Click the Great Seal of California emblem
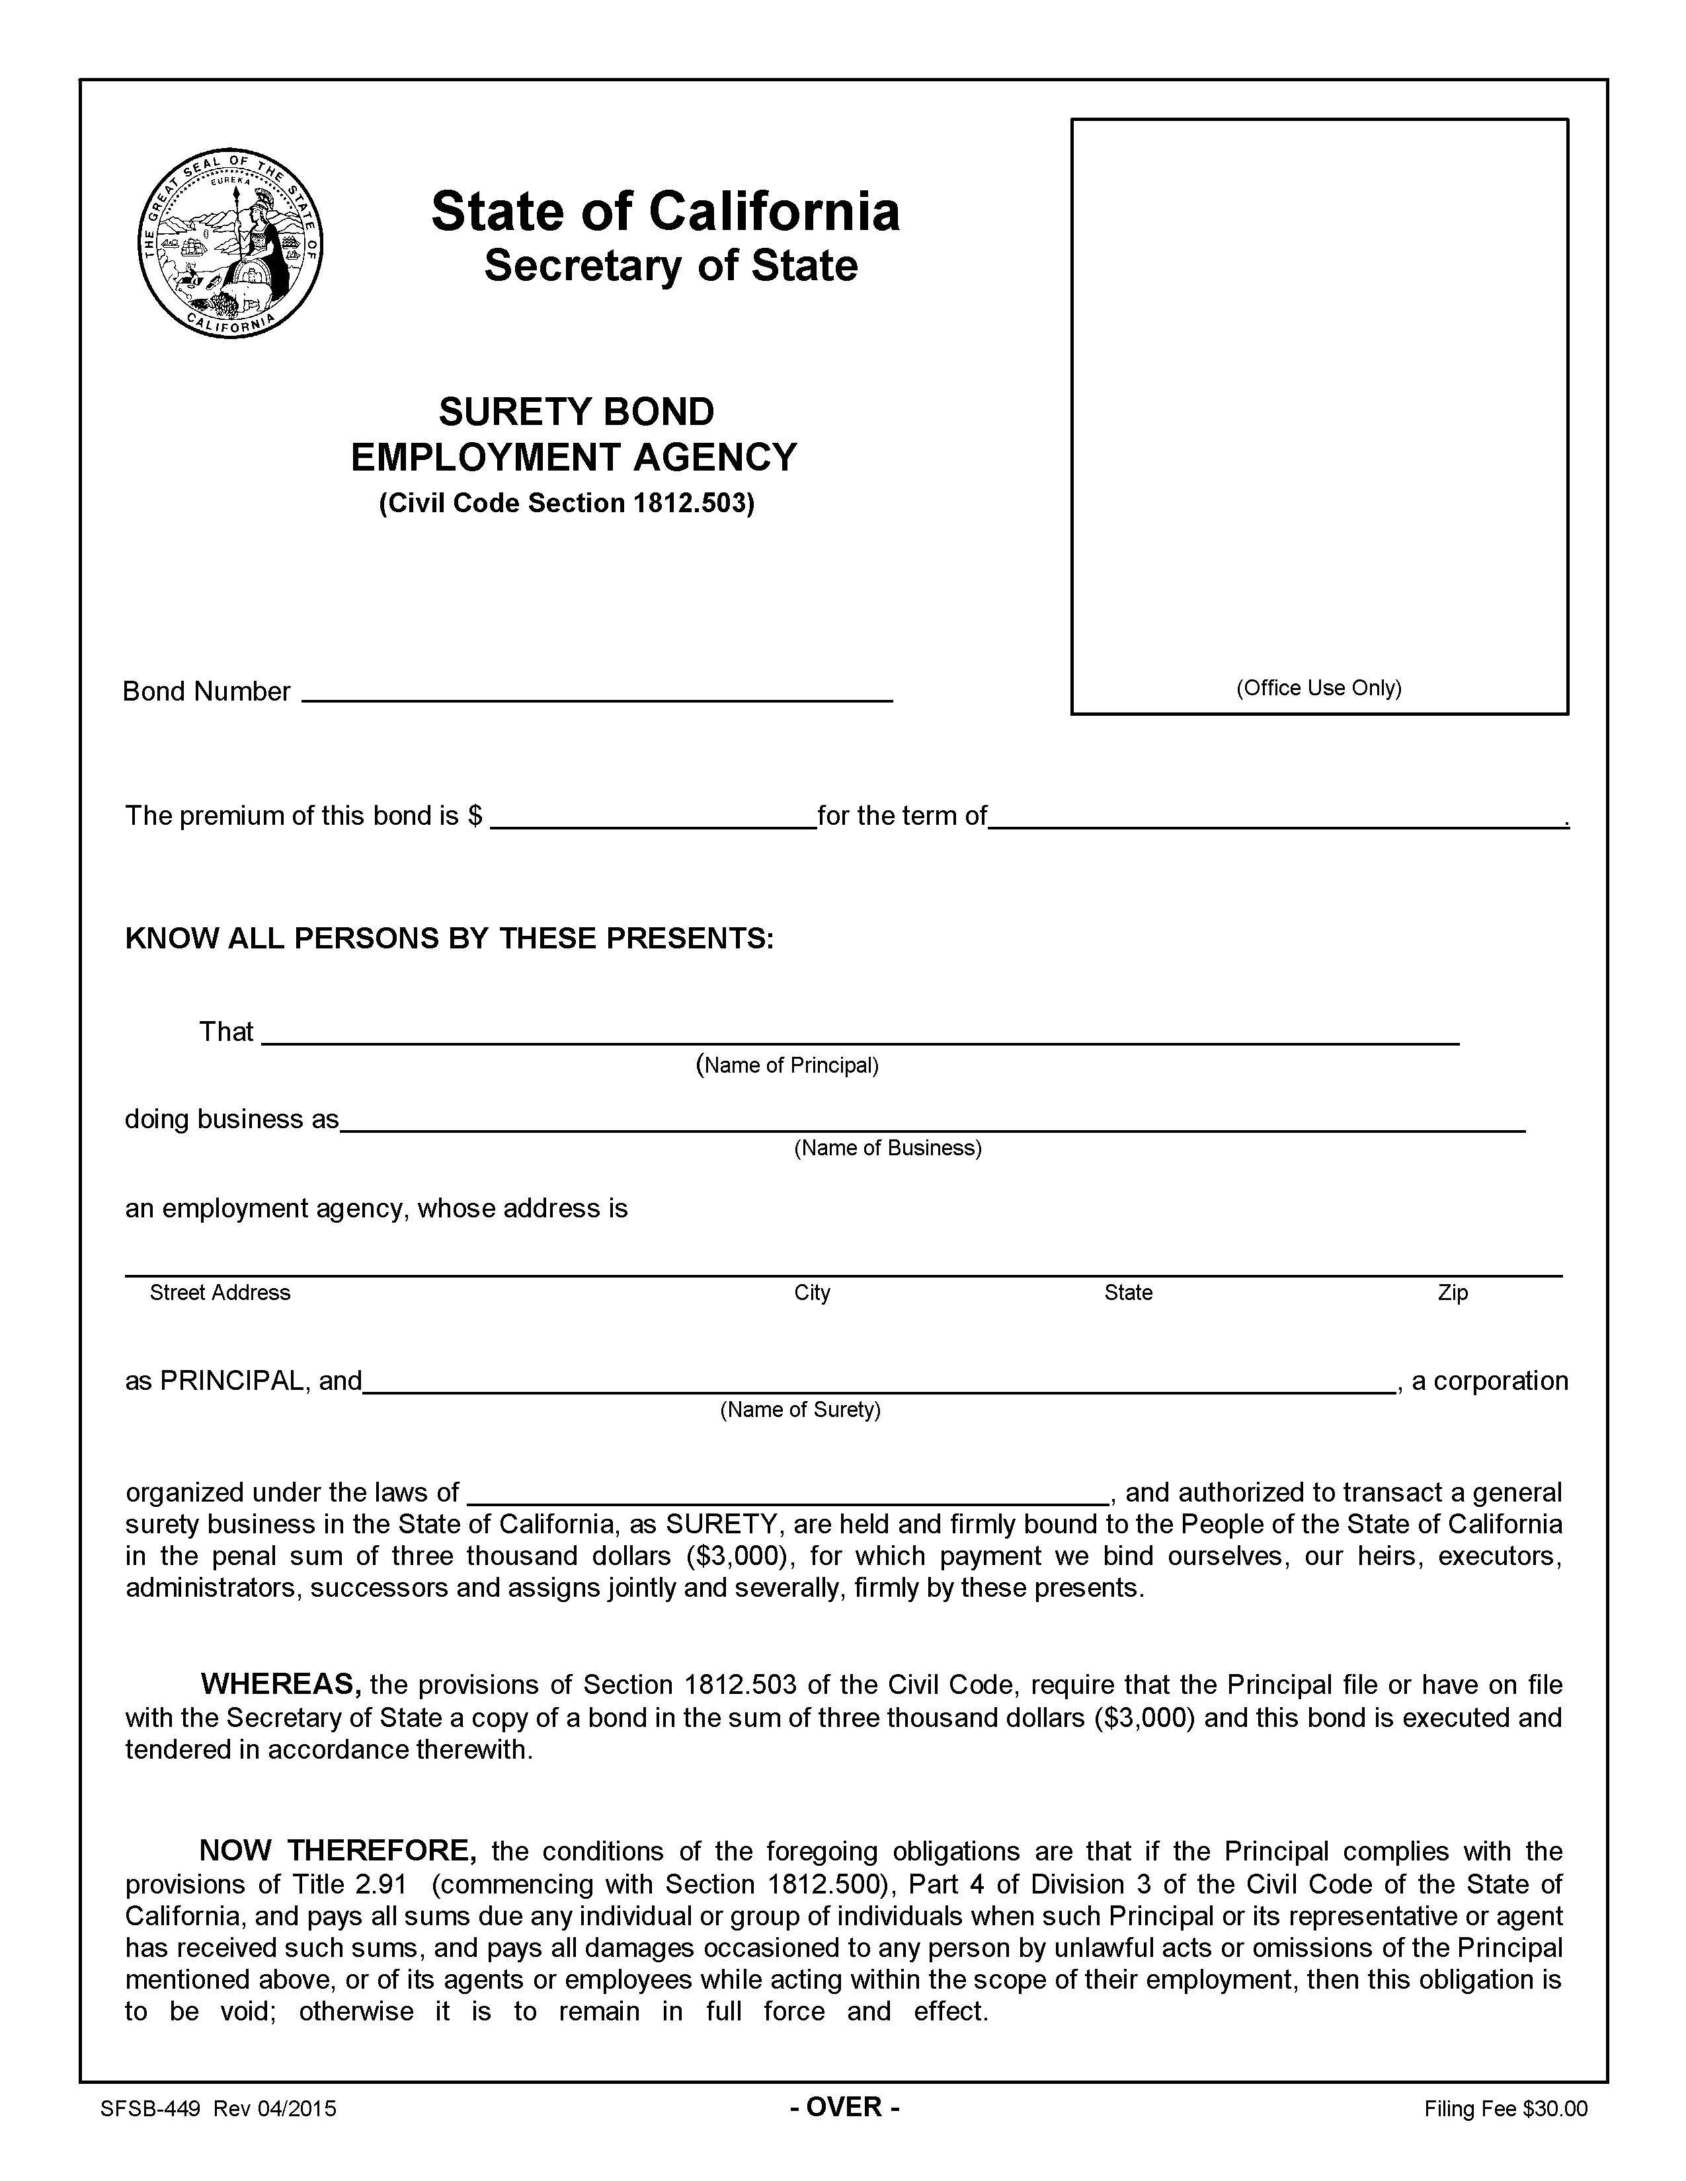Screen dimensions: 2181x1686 [x=231, y=243]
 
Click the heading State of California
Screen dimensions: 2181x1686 [x=665, y=211]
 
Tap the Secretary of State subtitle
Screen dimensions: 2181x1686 [x=670, y=266]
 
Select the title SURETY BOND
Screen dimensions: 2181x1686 [x=577, y=412]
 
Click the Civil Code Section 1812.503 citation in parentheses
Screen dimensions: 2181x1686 [x=567, y=502]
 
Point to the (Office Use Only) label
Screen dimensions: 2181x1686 [x=1318, y=687]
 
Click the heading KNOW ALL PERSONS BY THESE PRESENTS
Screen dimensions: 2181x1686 [x=448, y=938]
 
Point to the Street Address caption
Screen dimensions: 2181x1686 [x=220, y=1292]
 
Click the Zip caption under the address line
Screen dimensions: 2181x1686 [x=1453, y=1292]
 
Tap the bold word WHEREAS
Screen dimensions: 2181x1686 [x=280, y=1684]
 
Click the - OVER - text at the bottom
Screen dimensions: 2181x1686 [x=845, y=2107]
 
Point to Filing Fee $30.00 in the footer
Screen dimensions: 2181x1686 [x=1505, y=2109]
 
